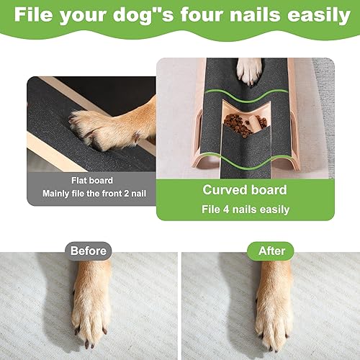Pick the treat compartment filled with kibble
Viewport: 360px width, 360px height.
[x=238, y=122]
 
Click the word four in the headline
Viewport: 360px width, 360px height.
[x=192, y=15]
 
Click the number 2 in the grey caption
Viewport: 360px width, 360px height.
[x=135, y=194]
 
